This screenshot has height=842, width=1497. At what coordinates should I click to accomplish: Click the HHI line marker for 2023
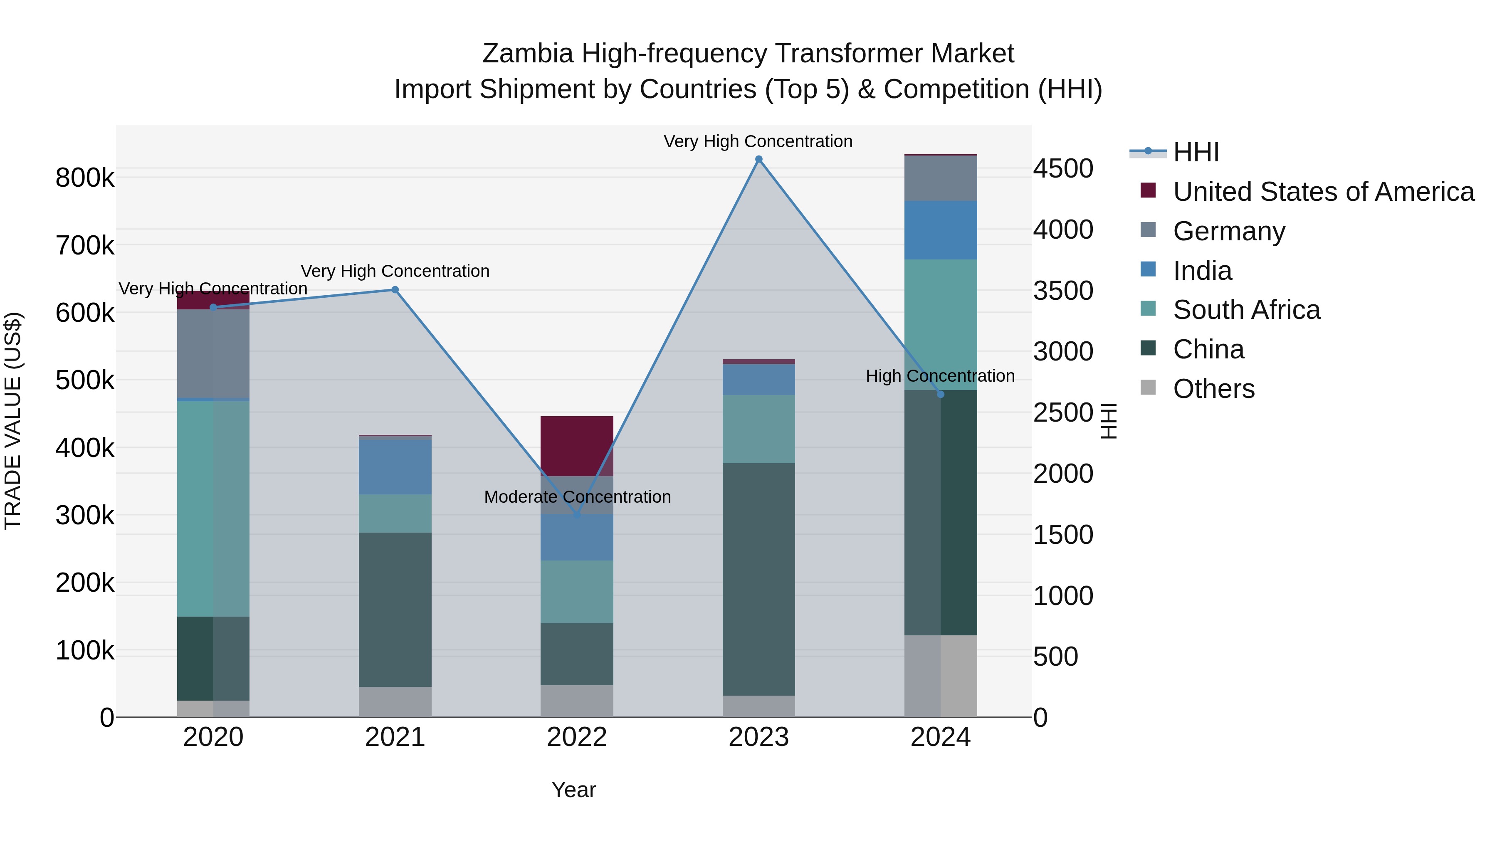[758, 159]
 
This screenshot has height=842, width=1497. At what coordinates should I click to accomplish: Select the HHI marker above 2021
[395, 289]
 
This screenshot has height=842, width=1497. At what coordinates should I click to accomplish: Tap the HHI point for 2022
[576, 515]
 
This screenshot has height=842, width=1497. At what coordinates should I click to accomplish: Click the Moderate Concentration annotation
[577, 497]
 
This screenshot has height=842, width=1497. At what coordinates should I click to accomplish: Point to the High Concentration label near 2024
[940, 376]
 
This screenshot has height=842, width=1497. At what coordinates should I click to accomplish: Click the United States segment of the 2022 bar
[576, 446]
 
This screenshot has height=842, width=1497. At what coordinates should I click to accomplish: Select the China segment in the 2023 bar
[758, 579]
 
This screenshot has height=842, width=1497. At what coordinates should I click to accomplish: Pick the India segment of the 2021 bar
[395, 467]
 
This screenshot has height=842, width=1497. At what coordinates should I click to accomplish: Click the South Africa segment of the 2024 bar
[940, 324]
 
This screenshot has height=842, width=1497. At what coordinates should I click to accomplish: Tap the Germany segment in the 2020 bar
[212, 353]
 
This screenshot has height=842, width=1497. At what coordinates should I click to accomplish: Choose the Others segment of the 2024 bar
[940, 675]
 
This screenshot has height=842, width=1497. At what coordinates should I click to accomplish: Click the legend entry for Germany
[1228, 231]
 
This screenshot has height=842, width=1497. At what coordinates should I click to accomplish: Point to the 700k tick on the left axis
[85, 245]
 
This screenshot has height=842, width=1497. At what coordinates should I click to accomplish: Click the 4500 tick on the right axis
[1062, 169]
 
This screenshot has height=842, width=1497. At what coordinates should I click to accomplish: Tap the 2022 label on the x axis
[576, 737]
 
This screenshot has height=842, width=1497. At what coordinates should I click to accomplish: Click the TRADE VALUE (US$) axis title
[13, 421]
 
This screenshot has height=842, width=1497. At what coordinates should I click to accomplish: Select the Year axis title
[573, 790]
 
